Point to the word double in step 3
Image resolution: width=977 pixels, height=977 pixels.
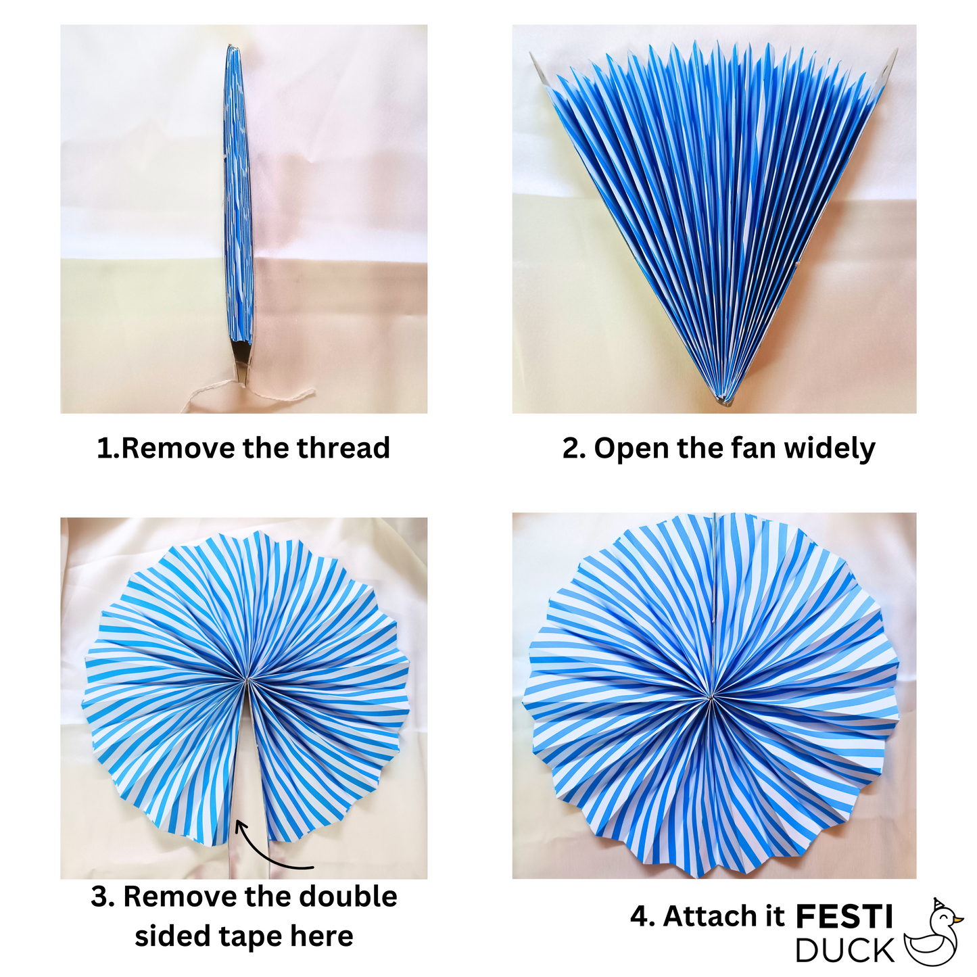coord(348,897)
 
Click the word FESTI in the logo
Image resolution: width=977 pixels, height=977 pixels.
coord(844,917)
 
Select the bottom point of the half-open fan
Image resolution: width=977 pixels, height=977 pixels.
coord(725,404)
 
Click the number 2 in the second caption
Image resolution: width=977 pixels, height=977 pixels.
coord(572,449)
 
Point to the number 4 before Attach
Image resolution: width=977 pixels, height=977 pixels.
coord(641,917)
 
